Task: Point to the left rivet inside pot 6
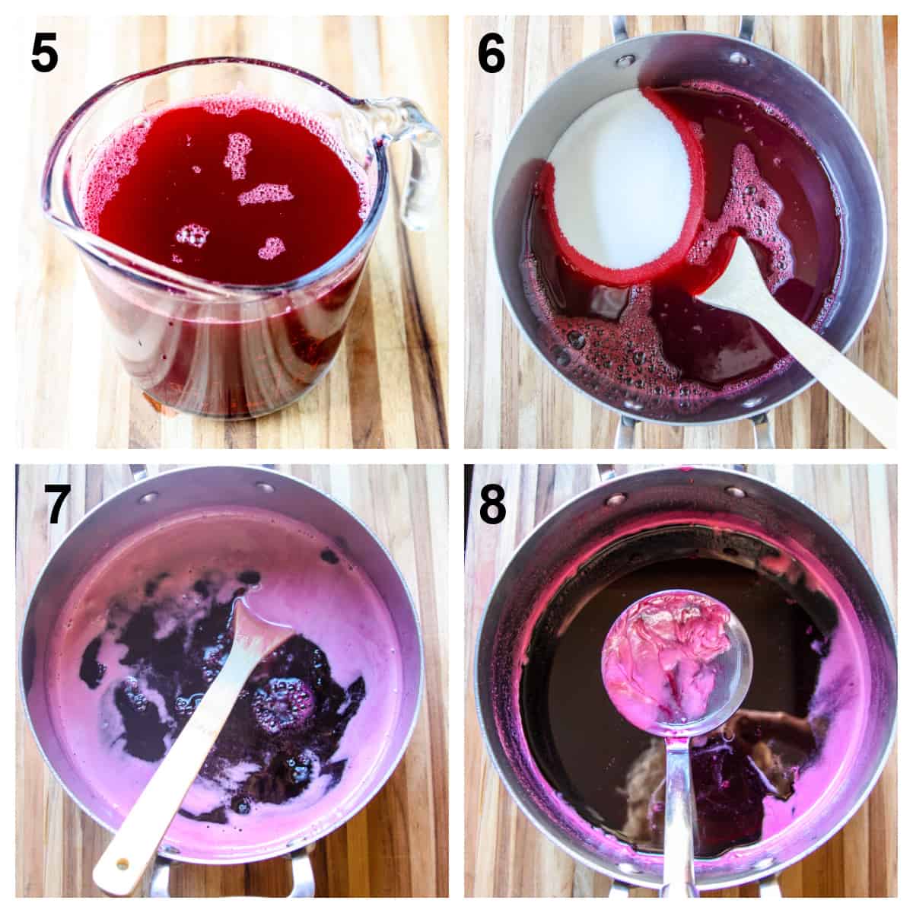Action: (x=625, y=60)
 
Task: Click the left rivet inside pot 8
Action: (x=611, y=500)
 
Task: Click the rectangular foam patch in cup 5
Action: (x=266, y=194)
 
